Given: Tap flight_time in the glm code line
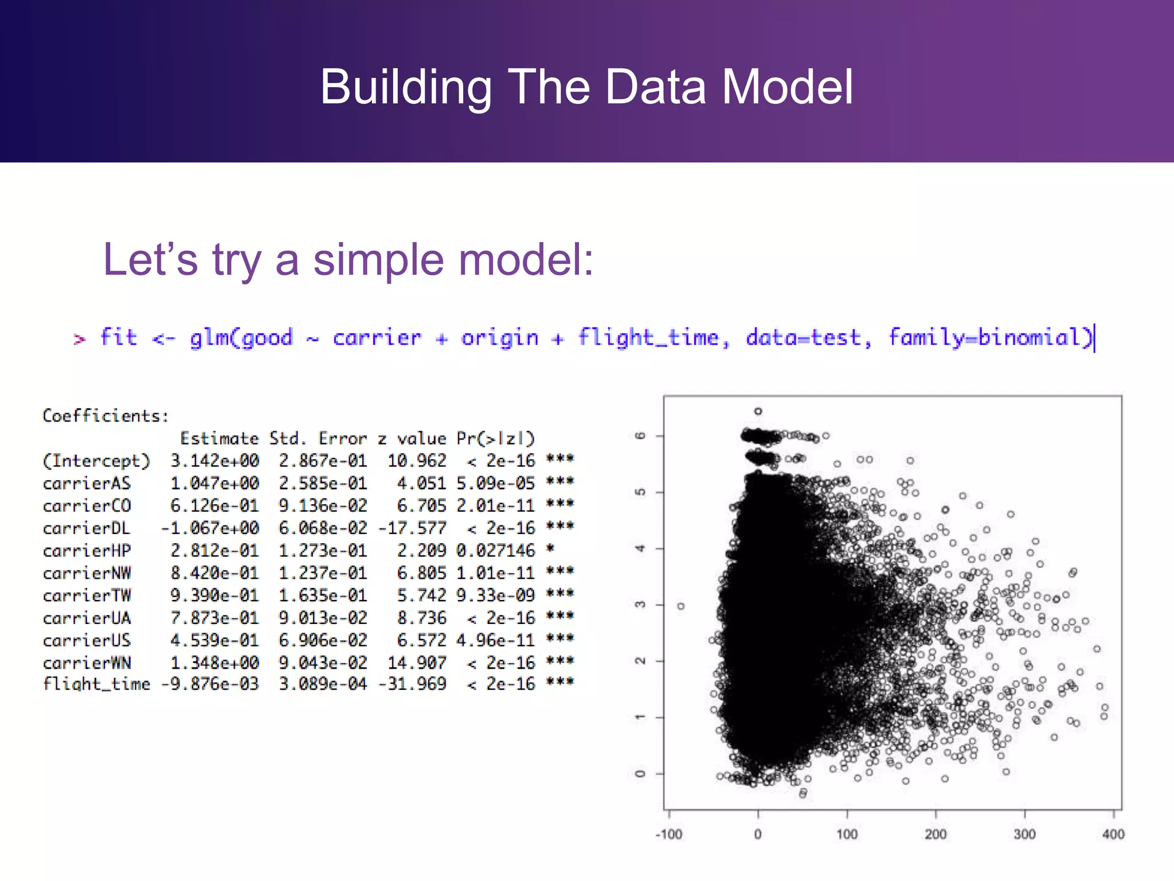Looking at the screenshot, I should tap(648, 337).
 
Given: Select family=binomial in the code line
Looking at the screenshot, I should tap(990, 337).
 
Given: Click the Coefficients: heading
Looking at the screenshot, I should tap(105, 416).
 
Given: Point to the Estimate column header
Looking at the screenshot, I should tap(219, 439).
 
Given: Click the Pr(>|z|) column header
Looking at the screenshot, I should tap(495, 439).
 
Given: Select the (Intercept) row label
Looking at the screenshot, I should tap(96, 461).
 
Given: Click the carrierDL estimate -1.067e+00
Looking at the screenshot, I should tap(210, 528).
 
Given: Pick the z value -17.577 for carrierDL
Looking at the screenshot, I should tap(412, 528).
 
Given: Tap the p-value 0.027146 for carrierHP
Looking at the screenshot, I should tap(495, 551).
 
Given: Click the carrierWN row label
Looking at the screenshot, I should tap(87, 663).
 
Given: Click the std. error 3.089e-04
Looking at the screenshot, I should tap(323, 684).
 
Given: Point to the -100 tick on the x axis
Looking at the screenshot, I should tap(669, 835).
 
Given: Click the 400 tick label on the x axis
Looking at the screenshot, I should tap(1113, 835).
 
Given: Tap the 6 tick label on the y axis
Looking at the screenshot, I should tap(641, 436).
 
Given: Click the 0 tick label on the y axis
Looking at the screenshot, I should tap(641, 774).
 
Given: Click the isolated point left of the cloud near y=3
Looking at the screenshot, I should tap(680, 606).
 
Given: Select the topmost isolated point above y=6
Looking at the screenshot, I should tap(758, 411).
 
